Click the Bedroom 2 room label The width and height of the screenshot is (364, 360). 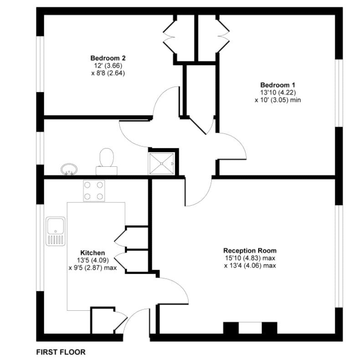(x=108, y=58)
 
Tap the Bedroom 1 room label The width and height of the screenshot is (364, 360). (x=278, y=85)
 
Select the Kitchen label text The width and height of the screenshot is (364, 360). (x=92, y=252)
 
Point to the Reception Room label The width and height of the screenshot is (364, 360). (x=250, y=251)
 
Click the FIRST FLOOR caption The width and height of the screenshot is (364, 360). (x=61, y=352)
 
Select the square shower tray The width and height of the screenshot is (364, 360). (x=162, y=163)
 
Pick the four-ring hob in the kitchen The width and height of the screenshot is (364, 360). (x=94, y=190)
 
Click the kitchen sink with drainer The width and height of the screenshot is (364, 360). (x=55, y=231)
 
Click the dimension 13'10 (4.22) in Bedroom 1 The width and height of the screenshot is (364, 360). (x=277, y=93)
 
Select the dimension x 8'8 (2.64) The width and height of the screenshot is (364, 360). (x=108, y=73)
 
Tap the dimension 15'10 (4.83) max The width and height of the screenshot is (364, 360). (x=250, y=258)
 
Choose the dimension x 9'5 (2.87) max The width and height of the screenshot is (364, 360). (x=92, y=268)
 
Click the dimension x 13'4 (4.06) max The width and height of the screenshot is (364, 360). (x=250, y=266)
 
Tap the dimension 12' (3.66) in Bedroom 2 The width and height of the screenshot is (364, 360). (x=108, y=66)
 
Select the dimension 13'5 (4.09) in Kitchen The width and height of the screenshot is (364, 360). (x=92, y=260)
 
